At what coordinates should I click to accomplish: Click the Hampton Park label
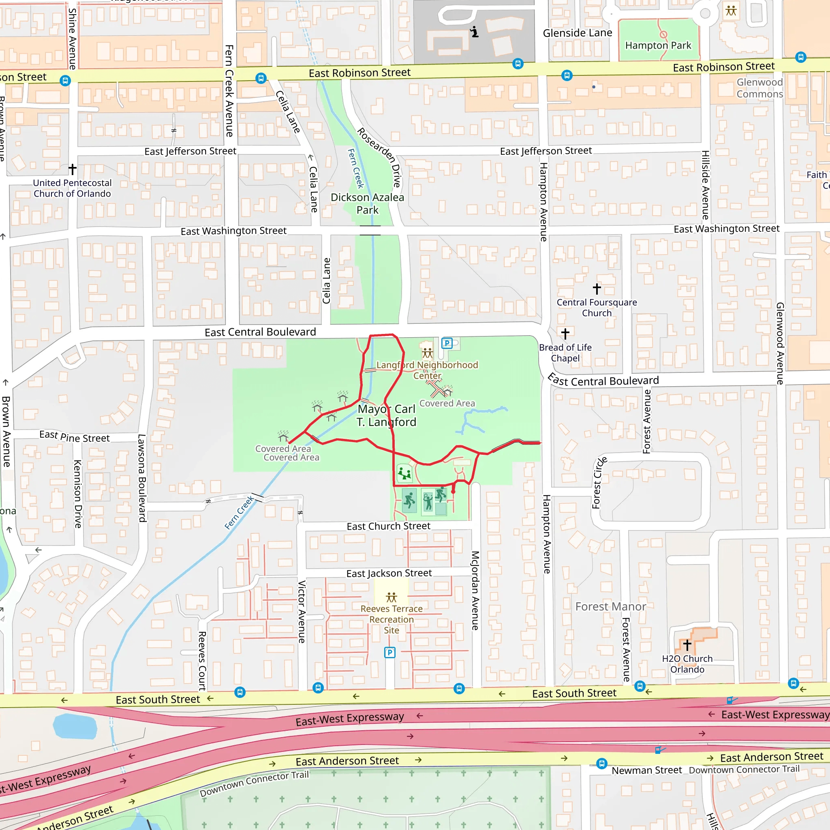pyautogui.click(x=658, y=45)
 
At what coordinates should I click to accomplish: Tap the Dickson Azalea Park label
pyautogui.click(x=367, y=203)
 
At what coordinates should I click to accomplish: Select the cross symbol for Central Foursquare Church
pyautogui.click(x=597, y=288)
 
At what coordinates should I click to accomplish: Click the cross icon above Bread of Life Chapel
pyautogui.click(x=565, y=334)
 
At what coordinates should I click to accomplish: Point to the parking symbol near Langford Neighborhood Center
pyautogui.click(x=447, y=343)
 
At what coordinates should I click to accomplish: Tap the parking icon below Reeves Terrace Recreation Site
pyautogui.click(x=389, y=652)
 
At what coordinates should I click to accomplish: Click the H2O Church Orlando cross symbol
pyautogui.click(x=687, y=645)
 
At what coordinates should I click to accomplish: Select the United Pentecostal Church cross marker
pyautogui.click(x=73, y=169)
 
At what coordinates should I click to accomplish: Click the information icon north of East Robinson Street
pyautogui.click(x=474, y=32)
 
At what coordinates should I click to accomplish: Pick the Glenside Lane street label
pyautogui.click(x=577, y=33)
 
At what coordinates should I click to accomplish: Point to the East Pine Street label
pyautogui.click(x=74, y=436)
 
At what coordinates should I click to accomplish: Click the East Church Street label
pyautogui.click(x=388, y=526)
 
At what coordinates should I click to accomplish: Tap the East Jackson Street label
pyautogui.click(x=389, y=573)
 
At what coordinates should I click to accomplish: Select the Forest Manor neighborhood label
pyautogui.click(x=610, y=607)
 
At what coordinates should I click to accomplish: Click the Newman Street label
pyautogui.click(x=646, y=770)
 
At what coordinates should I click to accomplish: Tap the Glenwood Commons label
pyautogui.click(x=759, y=88)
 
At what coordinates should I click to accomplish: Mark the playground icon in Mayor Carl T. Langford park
pyautogui.click(x=404, y=473)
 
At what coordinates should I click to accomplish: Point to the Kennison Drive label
pyautogui.click(x=78, y=494)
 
